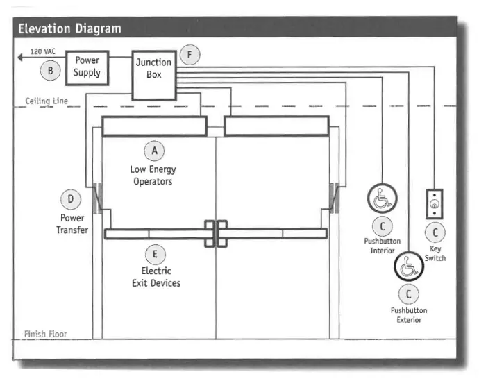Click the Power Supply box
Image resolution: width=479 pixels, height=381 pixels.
(x=87, y=67)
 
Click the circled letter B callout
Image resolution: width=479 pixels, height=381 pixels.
(x=51, y=69)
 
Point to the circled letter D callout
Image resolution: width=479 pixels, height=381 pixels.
(x=71, y=201)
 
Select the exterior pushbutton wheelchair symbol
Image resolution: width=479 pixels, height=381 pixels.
(x=408, y=266)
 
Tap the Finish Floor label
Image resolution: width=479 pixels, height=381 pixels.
(x=45, y=334)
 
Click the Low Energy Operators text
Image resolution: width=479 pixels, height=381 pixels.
(x=153, y=176)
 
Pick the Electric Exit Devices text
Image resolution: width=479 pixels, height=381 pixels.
(x=156, y=277)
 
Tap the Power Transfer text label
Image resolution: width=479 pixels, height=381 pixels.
(x=72, y=224)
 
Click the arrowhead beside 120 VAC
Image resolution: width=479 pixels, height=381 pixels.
(x=22, y=58)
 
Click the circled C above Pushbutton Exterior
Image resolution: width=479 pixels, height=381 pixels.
(x=408, y=294)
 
